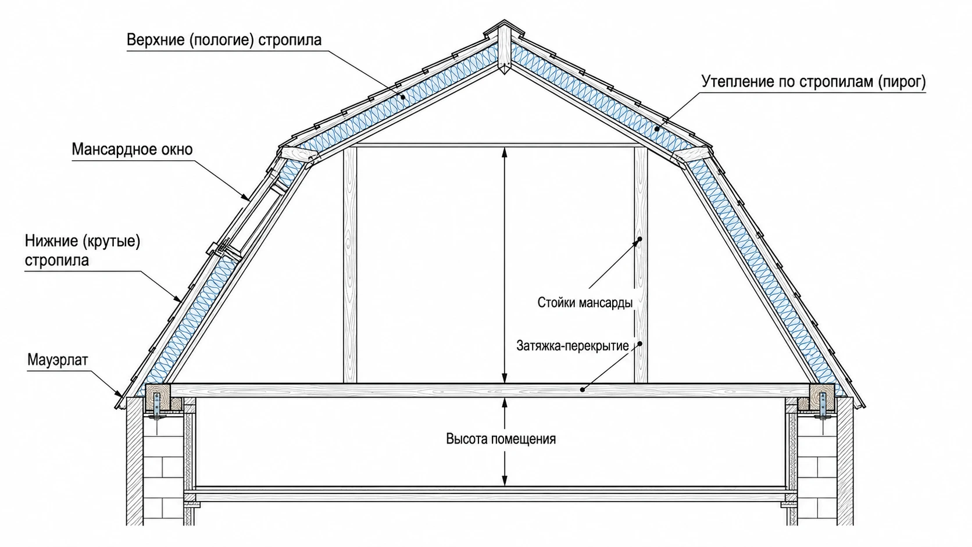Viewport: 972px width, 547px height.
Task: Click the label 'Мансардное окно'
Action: point(132,149)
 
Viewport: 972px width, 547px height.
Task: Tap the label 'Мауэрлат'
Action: point(58,360)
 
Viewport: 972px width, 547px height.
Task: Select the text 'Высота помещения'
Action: point(501,439)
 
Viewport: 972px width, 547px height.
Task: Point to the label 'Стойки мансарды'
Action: point(585,302)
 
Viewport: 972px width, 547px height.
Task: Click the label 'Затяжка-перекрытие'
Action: point(573,346)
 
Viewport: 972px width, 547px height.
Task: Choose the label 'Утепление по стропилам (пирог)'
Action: point(814,81)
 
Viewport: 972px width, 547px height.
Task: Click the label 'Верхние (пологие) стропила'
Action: point(224,40)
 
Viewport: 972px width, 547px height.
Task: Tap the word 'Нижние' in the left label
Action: point(51,241)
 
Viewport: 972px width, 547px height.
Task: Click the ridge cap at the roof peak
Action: point(503,30)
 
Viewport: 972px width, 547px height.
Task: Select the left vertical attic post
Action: point(350,264)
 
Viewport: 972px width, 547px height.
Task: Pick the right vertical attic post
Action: point(641,264)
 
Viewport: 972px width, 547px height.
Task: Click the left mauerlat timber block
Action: point(158,398)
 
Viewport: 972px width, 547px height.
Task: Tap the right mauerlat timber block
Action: point(822,398)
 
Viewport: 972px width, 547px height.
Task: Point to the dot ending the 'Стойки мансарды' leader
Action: point(639,239)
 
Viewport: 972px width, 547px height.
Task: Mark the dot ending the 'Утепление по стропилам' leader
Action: point(657,128)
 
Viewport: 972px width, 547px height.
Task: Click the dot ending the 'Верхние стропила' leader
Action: point(403,97)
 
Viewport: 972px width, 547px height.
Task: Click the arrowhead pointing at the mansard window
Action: point(246,198)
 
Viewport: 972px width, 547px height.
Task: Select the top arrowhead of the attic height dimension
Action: point(504,153)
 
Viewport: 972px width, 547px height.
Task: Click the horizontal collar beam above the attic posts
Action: point(495,145)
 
